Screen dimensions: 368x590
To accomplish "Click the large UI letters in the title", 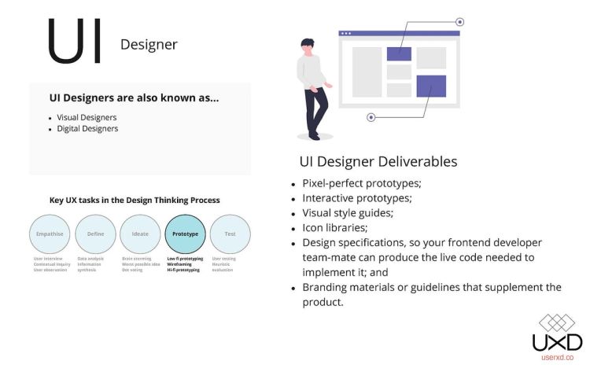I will [75, 41].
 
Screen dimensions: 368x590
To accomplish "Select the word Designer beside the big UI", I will [149, 45].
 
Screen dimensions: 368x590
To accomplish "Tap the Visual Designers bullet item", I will [87, 117].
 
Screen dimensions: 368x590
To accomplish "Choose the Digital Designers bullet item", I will [87, 128].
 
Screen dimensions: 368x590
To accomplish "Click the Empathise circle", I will [50, 234].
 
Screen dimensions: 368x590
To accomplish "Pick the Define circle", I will [95, 234].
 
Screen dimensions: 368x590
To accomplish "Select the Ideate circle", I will [140, 234].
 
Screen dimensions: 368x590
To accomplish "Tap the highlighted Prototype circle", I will [185, 234].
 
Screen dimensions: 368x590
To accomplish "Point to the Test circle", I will [230, 234].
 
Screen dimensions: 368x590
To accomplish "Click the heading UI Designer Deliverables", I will [378, 162].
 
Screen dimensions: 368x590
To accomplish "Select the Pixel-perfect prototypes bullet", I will [362, 183].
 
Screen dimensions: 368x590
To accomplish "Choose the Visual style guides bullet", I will [348, 212].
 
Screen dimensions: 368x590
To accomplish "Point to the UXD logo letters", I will [557, 342].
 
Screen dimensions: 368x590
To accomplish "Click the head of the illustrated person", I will [308, 45].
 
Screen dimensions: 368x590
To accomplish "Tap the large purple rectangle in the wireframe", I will [431, 86].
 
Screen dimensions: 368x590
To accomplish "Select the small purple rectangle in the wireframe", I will [399, 53].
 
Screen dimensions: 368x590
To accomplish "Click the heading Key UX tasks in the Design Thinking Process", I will [135, 201].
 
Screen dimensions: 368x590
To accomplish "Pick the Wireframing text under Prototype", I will [181, 264].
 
